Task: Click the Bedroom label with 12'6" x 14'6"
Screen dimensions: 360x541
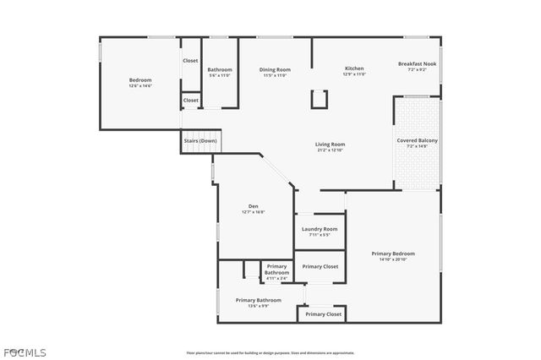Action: pyautogui.click(x=140, y=80)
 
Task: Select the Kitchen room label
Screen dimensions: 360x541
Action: pyautogui.click(x=355, y=68)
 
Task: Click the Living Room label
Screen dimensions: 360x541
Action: pyautogui.click(x=331, y=145)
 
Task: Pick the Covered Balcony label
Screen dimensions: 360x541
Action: pyautogui.click(x=417, y=140)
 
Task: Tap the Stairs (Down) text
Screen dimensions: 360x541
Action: pyautogui.click(x=200, y=140)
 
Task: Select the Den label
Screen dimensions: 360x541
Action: pyautogui.click(x=253, y=206)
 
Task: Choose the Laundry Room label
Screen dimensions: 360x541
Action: pyautogui.click(x=320, y=229)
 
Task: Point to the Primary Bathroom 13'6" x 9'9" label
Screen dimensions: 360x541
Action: pyautogui.click(x=258, y=300)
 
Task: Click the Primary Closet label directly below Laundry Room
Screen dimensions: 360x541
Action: pyautogui.click(x=320, y=266)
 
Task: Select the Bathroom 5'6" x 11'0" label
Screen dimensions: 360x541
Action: pyautogui.click(x=220, y=69)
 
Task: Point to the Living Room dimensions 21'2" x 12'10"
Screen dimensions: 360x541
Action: pyautogui.click(x=331, y=150)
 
